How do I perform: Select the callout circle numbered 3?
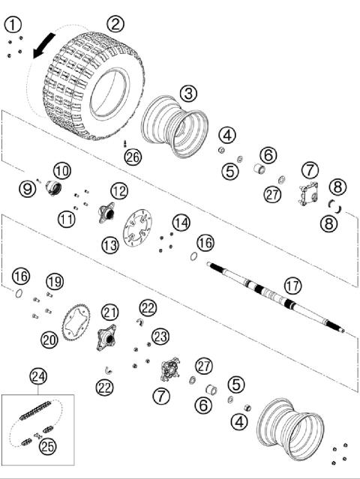[188, 93]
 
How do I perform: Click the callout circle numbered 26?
[133, 157]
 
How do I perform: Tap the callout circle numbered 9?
[28, 189]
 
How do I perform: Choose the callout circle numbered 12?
[119, 191]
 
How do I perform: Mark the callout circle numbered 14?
[181, 223]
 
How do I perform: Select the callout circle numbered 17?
[292, 286]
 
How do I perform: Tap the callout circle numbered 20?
[49, 340]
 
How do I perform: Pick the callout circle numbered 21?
[111, 312]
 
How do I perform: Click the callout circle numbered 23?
[160, 335]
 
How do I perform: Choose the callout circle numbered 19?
[54, 281]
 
